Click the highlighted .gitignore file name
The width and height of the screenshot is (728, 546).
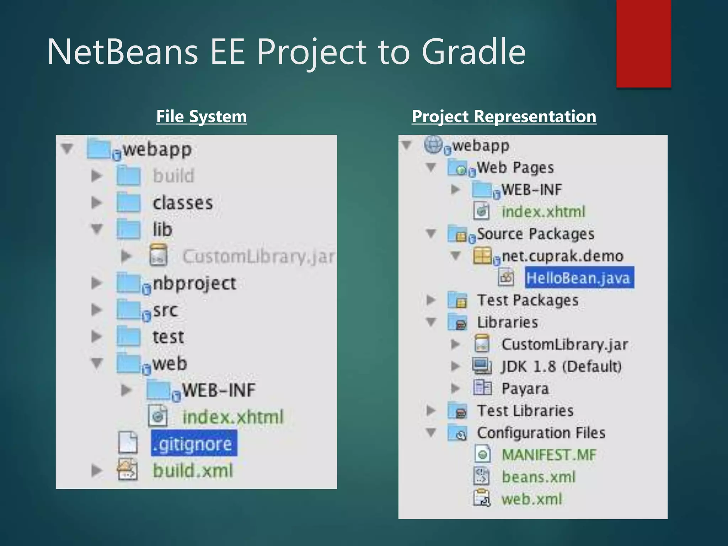click(194, 444)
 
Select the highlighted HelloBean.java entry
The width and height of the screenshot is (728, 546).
click(579, 278)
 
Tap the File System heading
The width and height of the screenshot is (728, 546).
click(202, 117)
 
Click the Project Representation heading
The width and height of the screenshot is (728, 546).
click(504, 117)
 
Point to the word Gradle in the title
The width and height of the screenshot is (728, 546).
click(473, 52)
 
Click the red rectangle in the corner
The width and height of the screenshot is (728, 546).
click(643, 43)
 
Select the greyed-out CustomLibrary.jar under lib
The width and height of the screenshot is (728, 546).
click(258, 256)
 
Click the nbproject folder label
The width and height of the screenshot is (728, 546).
click(194, 283)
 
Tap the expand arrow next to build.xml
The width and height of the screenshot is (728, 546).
click(96, 471)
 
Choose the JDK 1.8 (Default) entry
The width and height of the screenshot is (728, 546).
click(561, 366)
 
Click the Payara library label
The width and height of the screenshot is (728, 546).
click(525, 389)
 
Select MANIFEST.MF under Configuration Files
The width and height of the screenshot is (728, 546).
click(548, 455)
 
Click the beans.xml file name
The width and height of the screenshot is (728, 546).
click(538, 477)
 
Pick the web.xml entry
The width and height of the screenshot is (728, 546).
click(531, 499)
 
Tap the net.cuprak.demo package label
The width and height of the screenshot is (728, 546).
click(562, 256)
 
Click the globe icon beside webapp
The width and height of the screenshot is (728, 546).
click(433, 145)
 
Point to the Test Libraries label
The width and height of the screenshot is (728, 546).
click(525, 411)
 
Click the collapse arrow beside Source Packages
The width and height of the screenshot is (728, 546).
click(431, 234)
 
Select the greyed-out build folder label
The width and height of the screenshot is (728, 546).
click(173, 176)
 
